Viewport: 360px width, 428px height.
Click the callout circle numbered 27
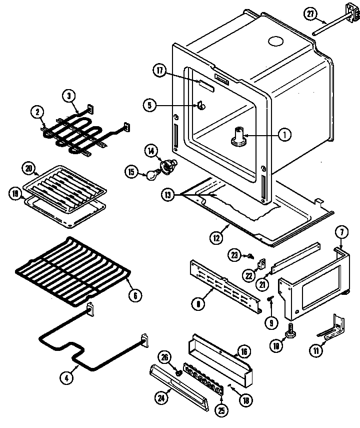point(310,14)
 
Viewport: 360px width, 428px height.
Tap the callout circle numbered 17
point(160,72)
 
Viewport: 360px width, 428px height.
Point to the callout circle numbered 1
point(284,134)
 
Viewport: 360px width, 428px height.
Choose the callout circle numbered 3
point(69,96)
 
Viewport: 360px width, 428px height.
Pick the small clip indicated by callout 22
point(261,262)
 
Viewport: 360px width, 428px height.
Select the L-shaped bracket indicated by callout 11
point(331,328)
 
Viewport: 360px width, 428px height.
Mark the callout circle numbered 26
point(165,356)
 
